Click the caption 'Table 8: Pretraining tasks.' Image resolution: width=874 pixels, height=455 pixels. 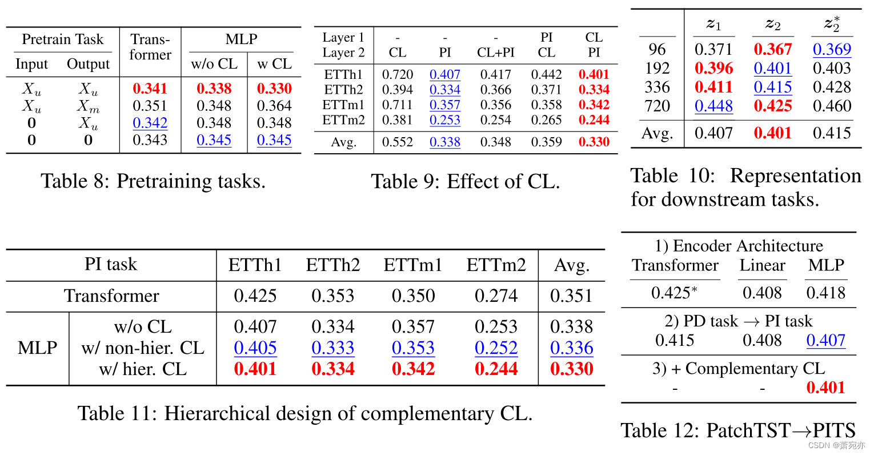[153, 181]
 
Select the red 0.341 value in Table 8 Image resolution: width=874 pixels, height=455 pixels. [150, 89]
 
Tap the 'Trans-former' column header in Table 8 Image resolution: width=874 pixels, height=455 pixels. [150, 47]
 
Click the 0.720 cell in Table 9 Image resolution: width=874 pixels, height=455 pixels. [397, 74]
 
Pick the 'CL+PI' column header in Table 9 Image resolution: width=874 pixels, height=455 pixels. [495, 53]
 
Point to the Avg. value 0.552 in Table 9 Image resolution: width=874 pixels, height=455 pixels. [397, 142]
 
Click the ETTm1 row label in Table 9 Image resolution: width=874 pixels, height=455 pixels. [343, 105]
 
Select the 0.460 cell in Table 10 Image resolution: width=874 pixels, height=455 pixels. [831, 106]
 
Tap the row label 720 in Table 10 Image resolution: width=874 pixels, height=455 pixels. [657, 106]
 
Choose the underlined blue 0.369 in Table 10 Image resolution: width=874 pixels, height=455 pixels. [831, 49]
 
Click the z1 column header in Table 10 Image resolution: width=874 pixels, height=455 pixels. [713, 24]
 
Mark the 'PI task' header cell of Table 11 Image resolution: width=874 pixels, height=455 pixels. [111, 265]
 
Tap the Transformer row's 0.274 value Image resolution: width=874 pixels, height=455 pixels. [496, 296]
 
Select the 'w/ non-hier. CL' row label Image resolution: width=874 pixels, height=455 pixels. [143, 348]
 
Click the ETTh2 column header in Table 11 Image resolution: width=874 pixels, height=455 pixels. [332, 265]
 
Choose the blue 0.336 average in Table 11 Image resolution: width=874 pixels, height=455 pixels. [571, 348]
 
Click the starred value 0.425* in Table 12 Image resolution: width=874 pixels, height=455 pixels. [674, 293]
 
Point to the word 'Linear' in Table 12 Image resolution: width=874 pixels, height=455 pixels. [762, 265]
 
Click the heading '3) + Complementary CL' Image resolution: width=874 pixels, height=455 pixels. [738, 369]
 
